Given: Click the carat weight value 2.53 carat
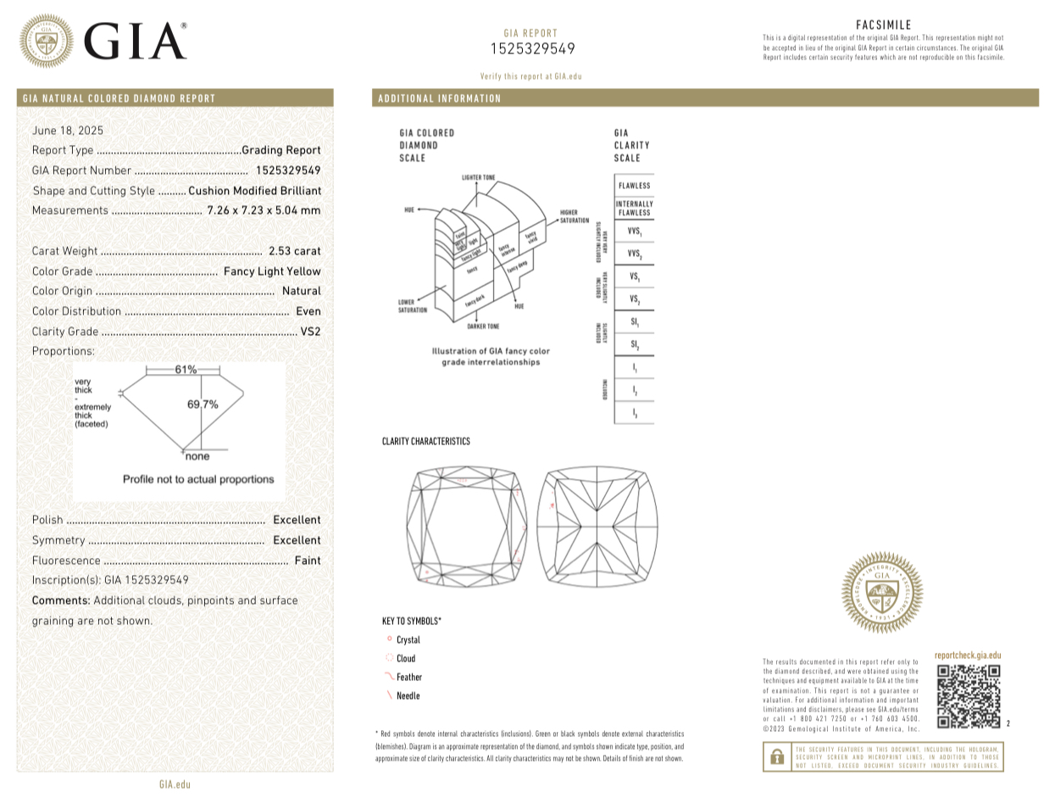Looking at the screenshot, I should [x=294, y=251].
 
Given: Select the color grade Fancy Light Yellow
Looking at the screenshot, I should [x=272, y=271].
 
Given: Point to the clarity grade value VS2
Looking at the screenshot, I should [x=310, y=332].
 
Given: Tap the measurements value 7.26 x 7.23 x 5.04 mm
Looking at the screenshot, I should [x=264, y=210].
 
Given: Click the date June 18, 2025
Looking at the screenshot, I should [x=68, y=131].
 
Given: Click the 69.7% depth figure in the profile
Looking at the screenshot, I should [x=203, y=405].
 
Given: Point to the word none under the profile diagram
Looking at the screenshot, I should [x=197, y=456].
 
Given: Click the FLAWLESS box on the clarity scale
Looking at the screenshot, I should [x=634, y=186].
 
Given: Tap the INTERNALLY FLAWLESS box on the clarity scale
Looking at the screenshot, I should [x=634, y=209].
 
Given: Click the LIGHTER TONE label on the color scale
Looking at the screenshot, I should [x=479, y=178].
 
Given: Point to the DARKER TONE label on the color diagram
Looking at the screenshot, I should [x=482, y=326].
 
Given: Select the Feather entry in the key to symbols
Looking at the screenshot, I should [x=408, y=678].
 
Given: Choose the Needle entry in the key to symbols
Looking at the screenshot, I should [x=408, y=696].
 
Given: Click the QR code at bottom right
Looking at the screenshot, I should [x=968, y=696].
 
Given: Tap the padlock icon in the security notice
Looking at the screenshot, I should [x=776, y=756].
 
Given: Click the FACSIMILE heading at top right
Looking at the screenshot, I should [x=884, y=25].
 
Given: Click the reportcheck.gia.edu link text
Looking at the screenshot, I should [x=967, y=656].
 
